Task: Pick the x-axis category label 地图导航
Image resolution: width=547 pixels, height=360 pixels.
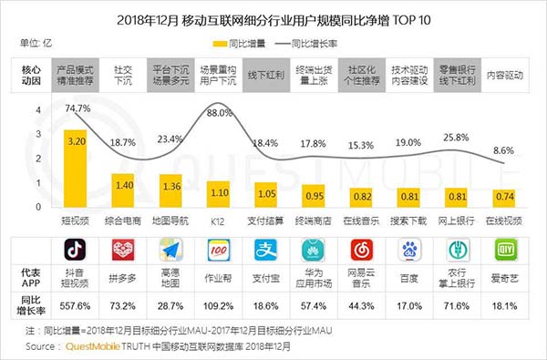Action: coord(170,222)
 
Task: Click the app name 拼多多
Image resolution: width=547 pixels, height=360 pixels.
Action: coord(122,275)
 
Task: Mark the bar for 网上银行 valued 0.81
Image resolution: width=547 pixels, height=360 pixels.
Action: coord(453,197)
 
